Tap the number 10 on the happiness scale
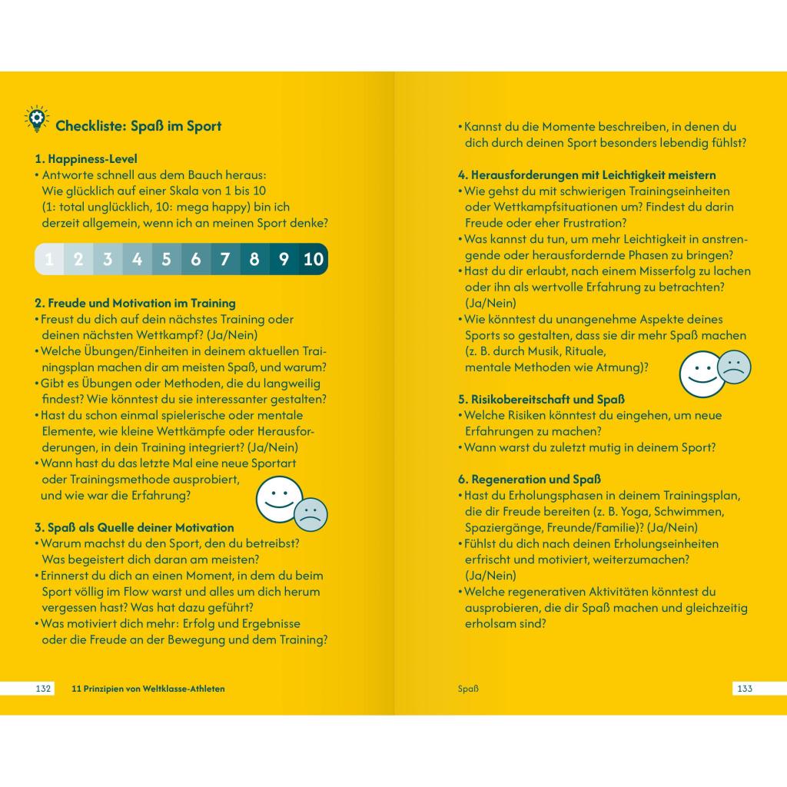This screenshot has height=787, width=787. coord(314,259)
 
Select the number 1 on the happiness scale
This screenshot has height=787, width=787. coord(49,259)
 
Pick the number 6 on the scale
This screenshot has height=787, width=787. coord(196,259)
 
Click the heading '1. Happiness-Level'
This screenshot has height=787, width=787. coord(86,159)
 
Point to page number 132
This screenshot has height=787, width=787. coord(44,689)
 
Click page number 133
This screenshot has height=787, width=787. coord(744,689)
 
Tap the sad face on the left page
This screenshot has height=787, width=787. coord(311,514)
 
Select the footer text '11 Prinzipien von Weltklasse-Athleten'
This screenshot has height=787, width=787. coord(148,689)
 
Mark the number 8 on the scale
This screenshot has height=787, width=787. coord(254,259)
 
